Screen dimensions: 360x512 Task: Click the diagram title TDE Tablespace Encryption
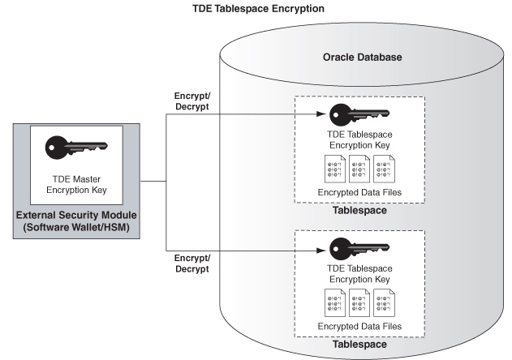tap(257, 9)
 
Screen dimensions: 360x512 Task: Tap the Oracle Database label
tap(361, 58)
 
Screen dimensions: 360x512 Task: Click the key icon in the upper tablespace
tap(358, 114)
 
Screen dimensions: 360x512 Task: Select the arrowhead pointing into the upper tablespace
tap(323, 115)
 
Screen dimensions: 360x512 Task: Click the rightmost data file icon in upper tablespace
tap(385, 169)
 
